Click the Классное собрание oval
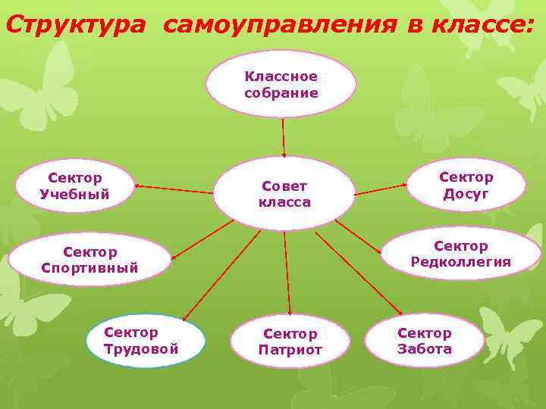tap(281, 83)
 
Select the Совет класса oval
tap(284, 193)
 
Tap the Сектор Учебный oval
tap(75, 186)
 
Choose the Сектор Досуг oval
tap(466, 185)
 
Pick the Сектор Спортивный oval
tap(90, 259)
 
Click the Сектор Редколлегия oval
tap(460, 254)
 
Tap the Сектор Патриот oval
tap(290, 341)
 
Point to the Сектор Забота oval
tap(424, 340)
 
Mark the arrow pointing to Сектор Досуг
tap(381, 189)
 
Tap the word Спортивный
tap(90, 267)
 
